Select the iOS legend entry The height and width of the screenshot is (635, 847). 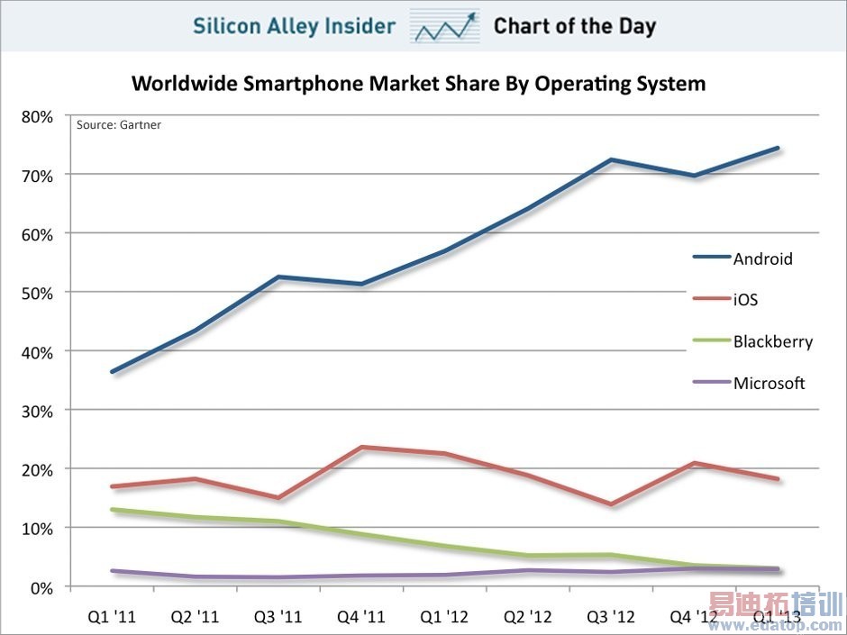coord(745,300)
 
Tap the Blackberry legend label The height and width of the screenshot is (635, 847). coord(772,341)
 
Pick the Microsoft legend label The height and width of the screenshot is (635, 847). coord(769,383)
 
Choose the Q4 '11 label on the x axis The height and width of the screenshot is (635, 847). coord(360,618)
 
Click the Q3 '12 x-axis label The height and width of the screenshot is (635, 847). coord(610,618)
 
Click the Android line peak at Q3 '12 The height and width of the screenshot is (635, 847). coord(611,160)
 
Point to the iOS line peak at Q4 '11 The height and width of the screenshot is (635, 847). coord(361,447)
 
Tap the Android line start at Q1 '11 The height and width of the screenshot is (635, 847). coord(112,371)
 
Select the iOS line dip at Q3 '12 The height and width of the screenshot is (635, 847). coord(611,504)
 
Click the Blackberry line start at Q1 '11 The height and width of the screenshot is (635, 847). coord(112,510)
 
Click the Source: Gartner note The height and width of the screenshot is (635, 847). coord(118,125)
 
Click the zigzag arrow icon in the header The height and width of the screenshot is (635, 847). coord(444,26)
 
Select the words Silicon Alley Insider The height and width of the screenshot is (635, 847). coord(294,26)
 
